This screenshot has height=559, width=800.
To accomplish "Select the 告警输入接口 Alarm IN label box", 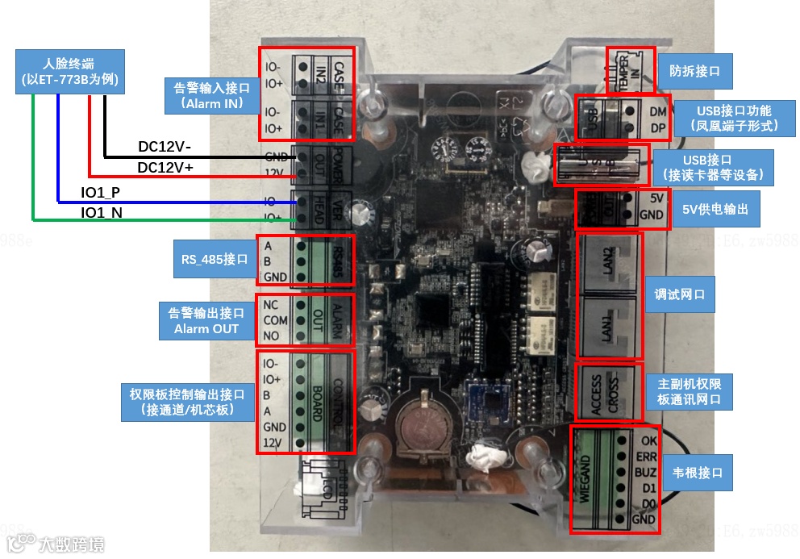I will tap(211, 95).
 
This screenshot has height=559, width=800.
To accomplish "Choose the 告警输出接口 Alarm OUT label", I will tap(205, 320).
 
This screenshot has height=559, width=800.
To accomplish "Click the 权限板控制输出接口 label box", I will tap(186, 402).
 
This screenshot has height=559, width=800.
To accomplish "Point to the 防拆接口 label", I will tap(694, 71).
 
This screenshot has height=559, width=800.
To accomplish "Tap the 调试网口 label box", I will tap(679, 295).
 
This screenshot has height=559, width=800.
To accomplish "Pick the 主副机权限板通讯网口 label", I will tap(689, 391).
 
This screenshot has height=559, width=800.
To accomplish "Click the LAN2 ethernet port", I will tap(609, 261).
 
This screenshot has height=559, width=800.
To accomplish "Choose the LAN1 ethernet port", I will tap(609, 327).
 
